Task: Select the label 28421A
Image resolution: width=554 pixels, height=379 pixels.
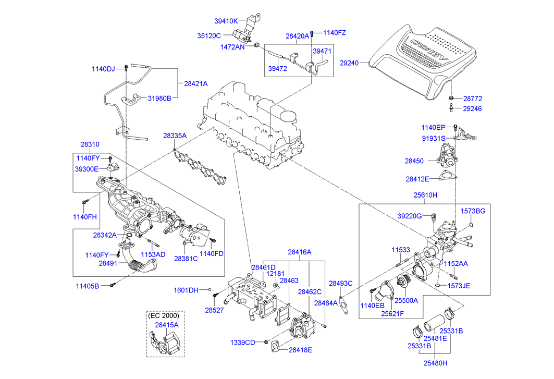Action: point(195,83)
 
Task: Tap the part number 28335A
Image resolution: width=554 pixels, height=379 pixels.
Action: point(175,136)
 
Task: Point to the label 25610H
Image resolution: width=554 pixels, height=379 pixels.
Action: point(425,195)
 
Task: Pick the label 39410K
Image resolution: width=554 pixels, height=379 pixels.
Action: point(226,21)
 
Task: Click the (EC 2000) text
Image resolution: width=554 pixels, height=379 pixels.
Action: point(164,315)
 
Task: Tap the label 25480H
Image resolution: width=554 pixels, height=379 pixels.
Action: point(436,363)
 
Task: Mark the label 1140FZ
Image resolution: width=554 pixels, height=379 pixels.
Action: point(335,33)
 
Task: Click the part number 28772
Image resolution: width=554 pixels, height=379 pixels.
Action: point(472,99)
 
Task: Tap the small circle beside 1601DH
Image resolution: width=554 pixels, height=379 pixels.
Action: point(210,289)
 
